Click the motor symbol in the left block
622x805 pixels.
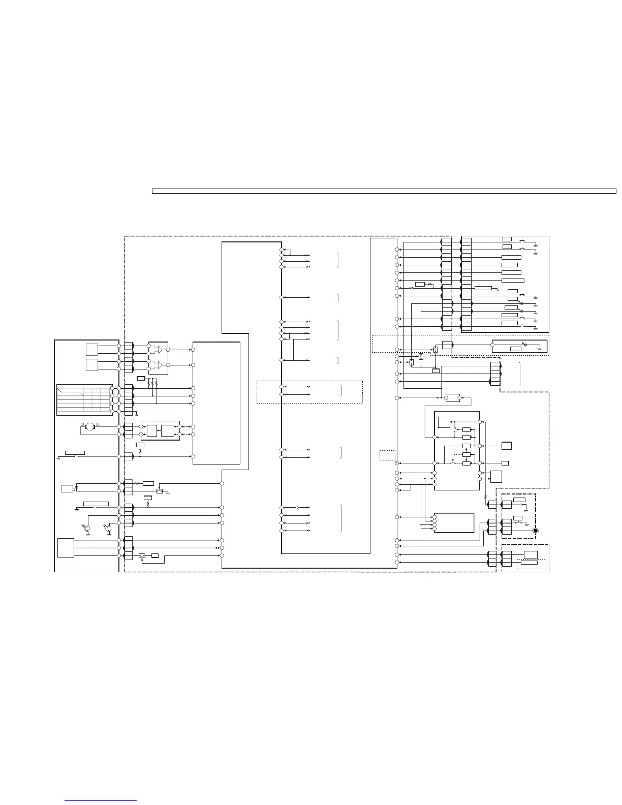(x=89, y=426)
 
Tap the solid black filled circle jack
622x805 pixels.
(x=535, y=531)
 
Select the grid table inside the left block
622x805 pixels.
(x=84, y=398)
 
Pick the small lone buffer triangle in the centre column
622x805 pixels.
(x=298, y=507)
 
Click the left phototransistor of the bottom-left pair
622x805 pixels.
(x=87, y=530)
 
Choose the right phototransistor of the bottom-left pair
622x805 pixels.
(x=108, y=530)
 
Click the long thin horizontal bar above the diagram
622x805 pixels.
(x=384, y=191)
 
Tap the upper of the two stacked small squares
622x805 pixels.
(x=91, y=350)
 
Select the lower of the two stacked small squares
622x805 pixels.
(x=91, y=365)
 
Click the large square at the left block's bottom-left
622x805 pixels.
(x=66, y=548)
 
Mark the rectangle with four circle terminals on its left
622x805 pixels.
(x=454, y=522)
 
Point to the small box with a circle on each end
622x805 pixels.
(x=452, y=397)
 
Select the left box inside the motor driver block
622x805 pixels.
(x=152, y=430)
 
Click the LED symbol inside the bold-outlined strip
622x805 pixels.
(x=525, y=345)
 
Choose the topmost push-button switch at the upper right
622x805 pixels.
(x=522, y=240)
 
